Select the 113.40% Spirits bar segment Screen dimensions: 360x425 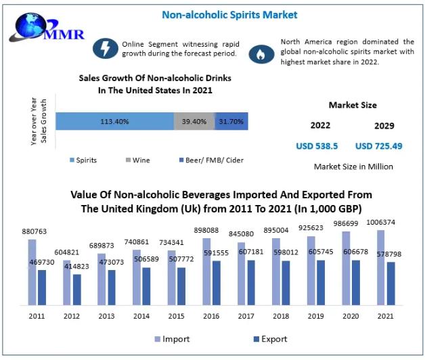pos(114,121)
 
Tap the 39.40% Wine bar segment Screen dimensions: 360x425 pos(194,121)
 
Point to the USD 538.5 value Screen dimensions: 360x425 pos(317,145)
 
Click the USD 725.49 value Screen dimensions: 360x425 pos(378,145)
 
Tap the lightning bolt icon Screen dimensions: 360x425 pos(105,49)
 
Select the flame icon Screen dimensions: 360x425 pos(260,54)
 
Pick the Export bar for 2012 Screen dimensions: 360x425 pos(77,289)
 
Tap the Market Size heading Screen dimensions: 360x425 pos(353,105)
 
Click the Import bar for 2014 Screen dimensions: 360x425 pos(137,277)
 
